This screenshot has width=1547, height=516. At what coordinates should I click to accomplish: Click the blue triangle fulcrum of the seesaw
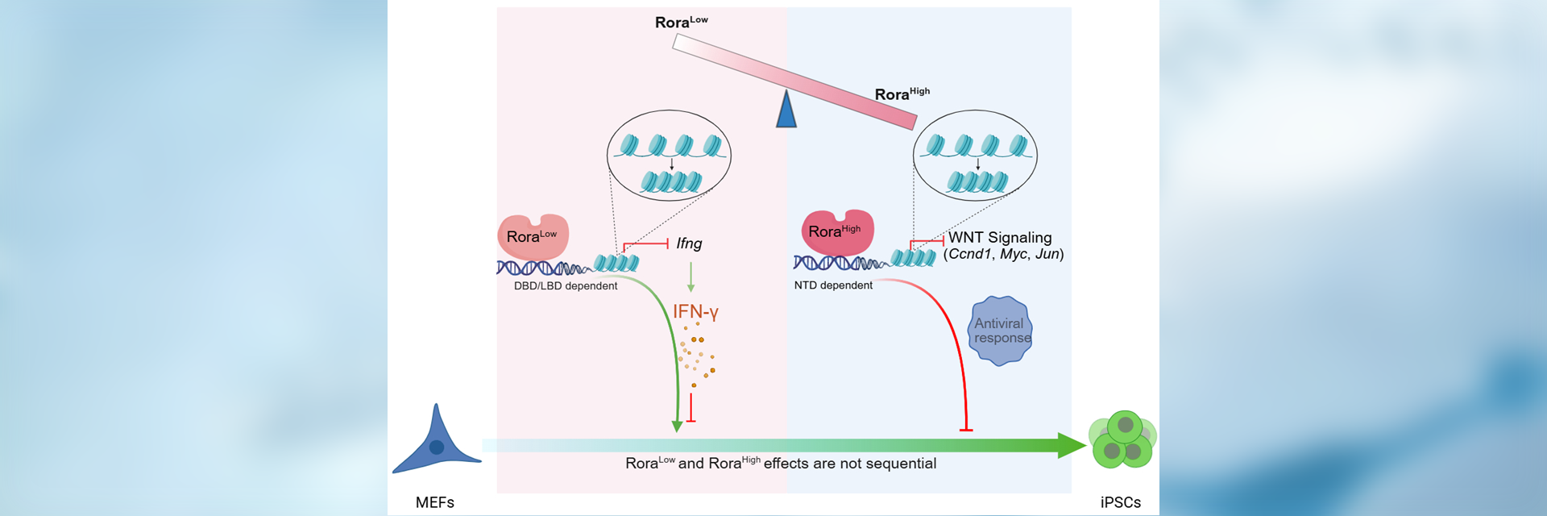pyautogui.click(x=786, y=112)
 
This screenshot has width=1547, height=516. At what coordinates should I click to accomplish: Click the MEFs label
pyautogui.click(x=435, y=502)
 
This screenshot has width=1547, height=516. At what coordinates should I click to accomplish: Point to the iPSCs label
pyautogui.click(x=1121, y=502)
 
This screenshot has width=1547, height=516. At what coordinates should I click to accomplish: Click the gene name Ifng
pyautogui.click(x=689, y=243)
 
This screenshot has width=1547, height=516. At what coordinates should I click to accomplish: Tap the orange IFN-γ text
pyautogui.click(x=695, y=311)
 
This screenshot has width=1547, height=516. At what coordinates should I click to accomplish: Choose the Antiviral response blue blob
pyautogui.click(x=1000, y=331)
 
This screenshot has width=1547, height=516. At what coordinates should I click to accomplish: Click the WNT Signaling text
pyautogui.click(x=1000, y=237)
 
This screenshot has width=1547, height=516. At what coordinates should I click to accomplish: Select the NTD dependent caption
pyautogui.click(x=833, y=285)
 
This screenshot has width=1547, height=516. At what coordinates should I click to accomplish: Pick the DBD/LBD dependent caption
pyautogui.click(x=566, y=285)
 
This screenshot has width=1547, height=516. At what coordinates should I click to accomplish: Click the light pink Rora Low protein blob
pyautogui.click(x=533, y=236)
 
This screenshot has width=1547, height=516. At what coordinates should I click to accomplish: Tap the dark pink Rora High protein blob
pyautogui.click(x=836, y=231)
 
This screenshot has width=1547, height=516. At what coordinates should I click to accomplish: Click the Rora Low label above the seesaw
pyautogui.click(x=681, y=22)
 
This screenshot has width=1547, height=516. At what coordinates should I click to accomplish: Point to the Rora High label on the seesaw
pyautogui.click(x=902, y=94)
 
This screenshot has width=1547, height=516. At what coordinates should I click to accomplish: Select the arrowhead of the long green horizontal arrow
pyautogui.click(x=1072, y=445)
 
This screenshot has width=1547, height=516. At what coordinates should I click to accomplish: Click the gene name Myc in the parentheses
pyautogui.click(x=1014, y=254)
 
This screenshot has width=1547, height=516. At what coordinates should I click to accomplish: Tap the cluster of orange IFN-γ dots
pyautogui.click(x=697, y=355)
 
